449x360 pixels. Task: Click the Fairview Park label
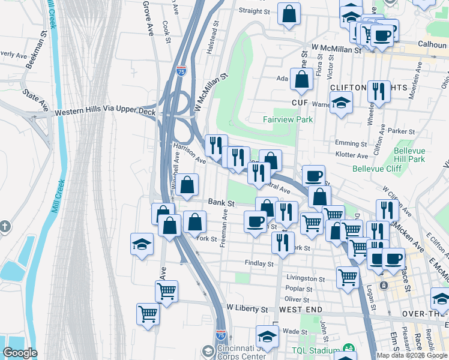[x=288, y=119]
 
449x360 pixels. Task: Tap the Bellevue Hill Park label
[x=410, y=155]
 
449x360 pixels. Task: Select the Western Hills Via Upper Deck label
[x=105, y=112]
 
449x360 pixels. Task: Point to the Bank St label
[x=221, y=203]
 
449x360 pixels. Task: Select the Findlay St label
[x=259, y=263]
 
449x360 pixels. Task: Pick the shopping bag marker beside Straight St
[x=289, y=14]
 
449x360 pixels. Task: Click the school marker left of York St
[x=142, y=244]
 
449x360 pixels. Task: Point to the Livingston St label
[x=306, y=278]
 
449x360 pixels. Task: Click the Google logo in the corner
[x=20, y=353]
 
